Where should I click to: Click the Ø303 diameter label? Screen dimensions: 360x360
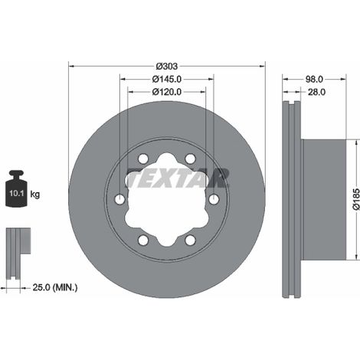pyautogui.click(x=167, y=67)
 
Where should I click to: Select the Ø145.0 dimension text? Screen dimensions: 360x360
pyautogui.click(x=167, y=80)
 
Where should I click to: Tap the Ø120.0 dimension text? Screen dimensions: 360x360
pyautogui.click(x=167, y=92)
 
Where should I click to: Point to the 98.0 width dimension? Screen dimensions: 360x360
pyautogui.click(x=314, y=79)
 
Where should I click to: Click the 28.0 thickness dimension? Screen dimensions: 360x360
pyautogui.click(x=316, y=92)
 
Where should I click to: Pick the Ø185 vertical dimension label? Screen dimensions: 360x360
pyautogui.click(x=356, y=199)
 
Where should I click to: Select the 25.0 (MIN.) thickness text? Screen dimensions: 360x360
pyautogui.click(x=55, y=288)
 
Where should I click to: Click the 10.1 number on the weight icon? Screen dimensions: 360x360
pyautogui.click(x=17, y=193)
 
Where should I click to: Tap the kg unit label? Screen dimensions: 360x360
pyautogui.click(x=35, y=195)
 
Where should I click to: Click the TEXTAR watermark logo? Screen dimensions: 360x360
pyautogui.click(x=177, y=178)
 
